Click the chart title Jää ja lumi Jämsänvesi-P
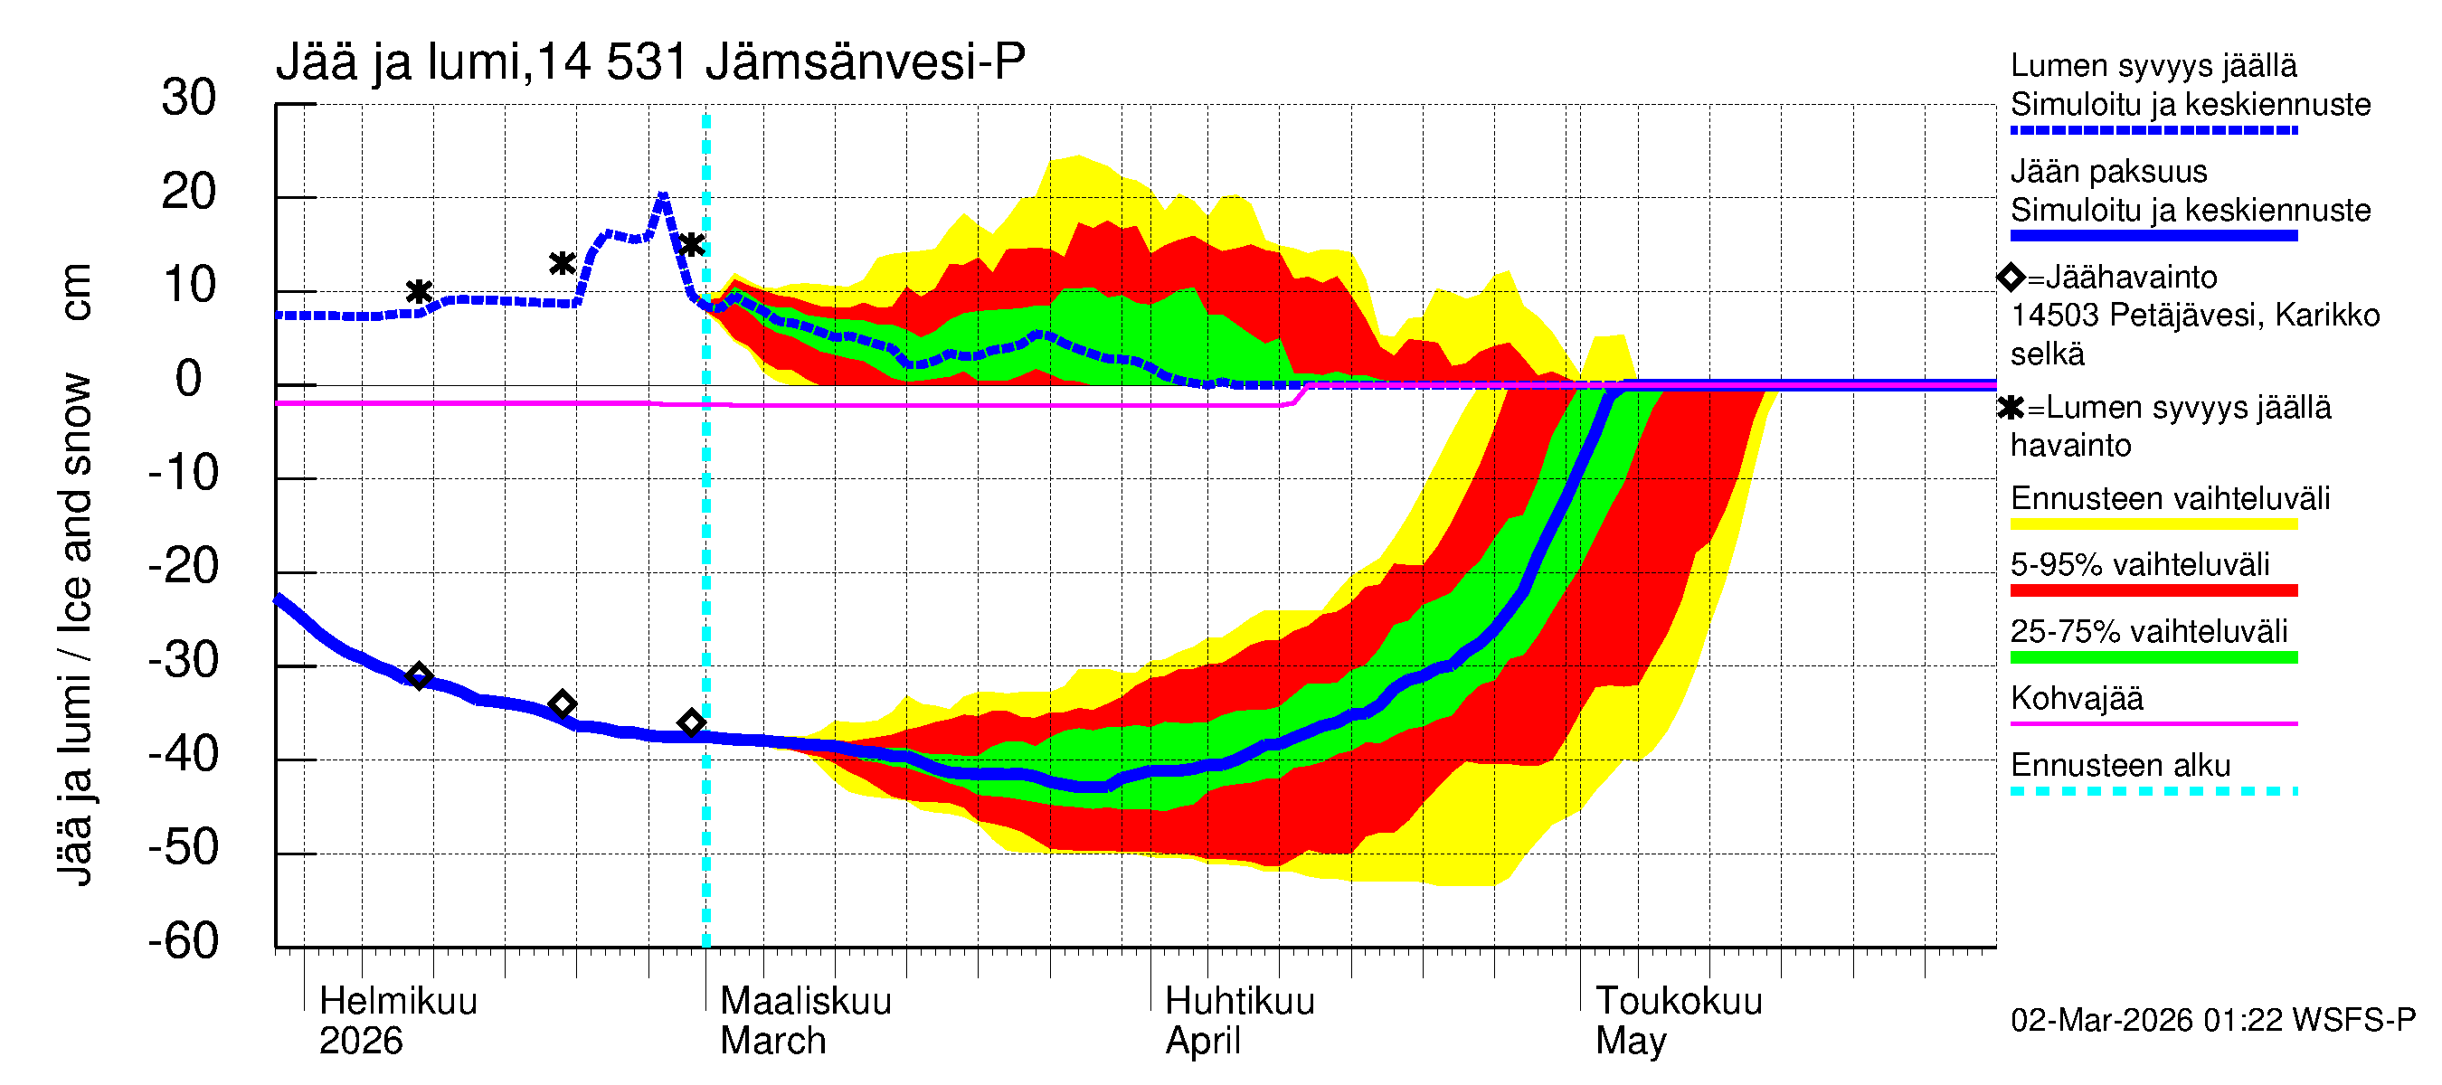coord(650,62)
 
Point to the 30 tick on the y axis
coord(189,99)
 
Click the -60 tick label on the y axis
coord(183,941)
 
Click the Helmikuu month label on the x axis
coord(398,1002)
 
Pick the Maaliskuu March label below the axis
coord(805,1021)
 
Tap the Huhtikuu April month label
coord(1239,1021)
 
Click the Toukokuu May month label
coord(1678,1021)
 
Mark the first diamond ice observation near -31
coord(419,675)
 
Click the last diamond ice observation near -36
coord(691,723)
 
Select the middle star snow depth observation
coord(563,263)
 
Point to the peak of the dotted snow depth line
coord(663,196)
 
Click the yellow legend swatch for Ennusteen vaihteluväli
coord(2153,524)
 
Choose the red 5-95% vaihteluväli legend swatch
coord(2153,590)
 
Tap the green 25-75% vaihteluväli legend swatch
coord(2153,656)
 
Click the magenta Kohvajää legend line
coord(2153,723)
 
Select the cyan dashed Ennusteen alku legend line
coord(2153,790)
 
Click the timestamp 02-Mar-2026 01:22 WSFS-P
coord(2212,1020)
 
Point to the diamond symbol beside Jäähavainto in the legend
coord(2011,277)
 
